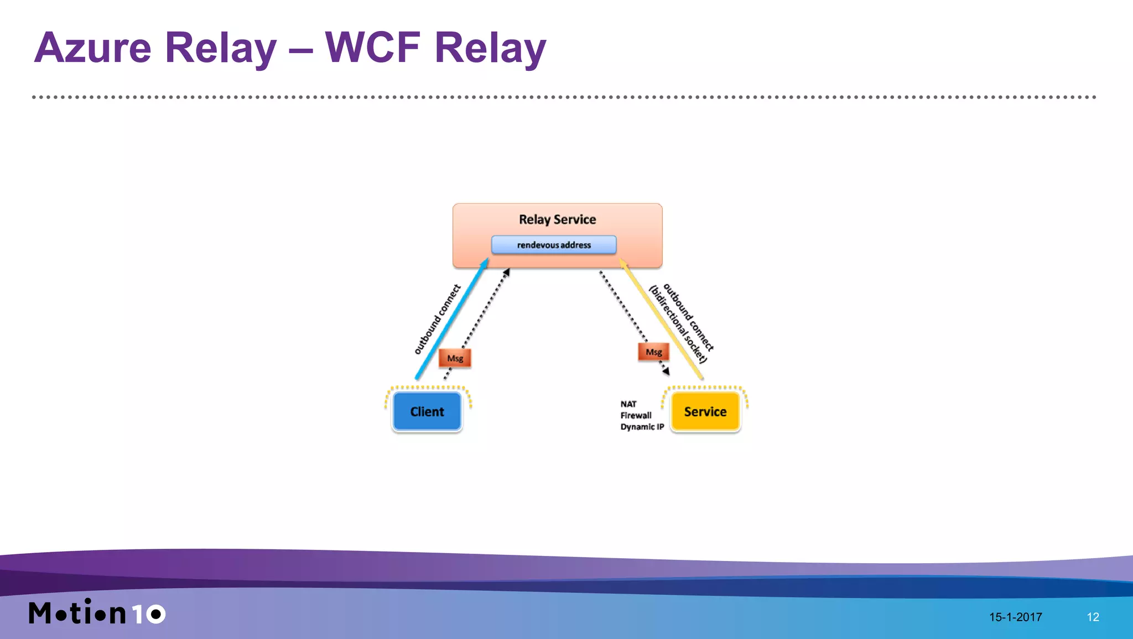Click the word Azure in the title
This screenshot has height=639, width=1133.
(x=92, y=48)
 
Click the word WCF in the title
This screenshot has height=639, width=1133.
(x=372, y=48)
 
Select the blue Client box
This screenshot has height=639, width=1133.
(x=427, y=411)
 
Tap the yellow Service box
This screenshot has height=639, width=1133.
(x=705, y=411)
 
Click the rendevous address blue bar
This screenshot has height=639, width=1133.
(x=554, y=245)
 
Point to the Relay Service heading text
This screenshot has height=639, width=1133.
(x=557, y=219)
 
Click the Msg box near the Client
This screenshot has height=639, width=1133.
(x=455, y=358)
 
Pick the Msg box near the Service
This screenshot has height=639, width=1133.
(x=653, y=352)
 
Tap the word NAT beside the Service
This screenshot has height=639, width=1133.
(x=628, y=404)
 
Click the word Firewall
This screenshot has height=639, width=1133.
(x=636, y=415)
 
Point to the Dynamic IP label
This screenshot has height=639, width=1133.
(x=642, y=427)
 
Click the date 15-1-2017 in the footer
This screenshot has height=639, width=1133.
(x=1015, y=617)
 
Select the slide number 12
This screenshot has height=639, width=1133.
(x=1093, y=617)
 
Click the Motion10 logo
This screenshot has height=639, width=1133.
(x=97, y=613)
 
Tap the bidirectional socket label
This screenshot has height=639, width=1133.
(x=678, y=324)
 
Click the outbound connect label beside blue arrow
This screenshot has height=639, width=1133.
(x=437, y=319)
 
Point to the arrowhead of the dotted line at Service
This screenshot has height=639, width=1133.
(x=666, y=372)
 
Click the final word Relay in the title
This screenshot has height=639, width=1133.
(x=490, y=48)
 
